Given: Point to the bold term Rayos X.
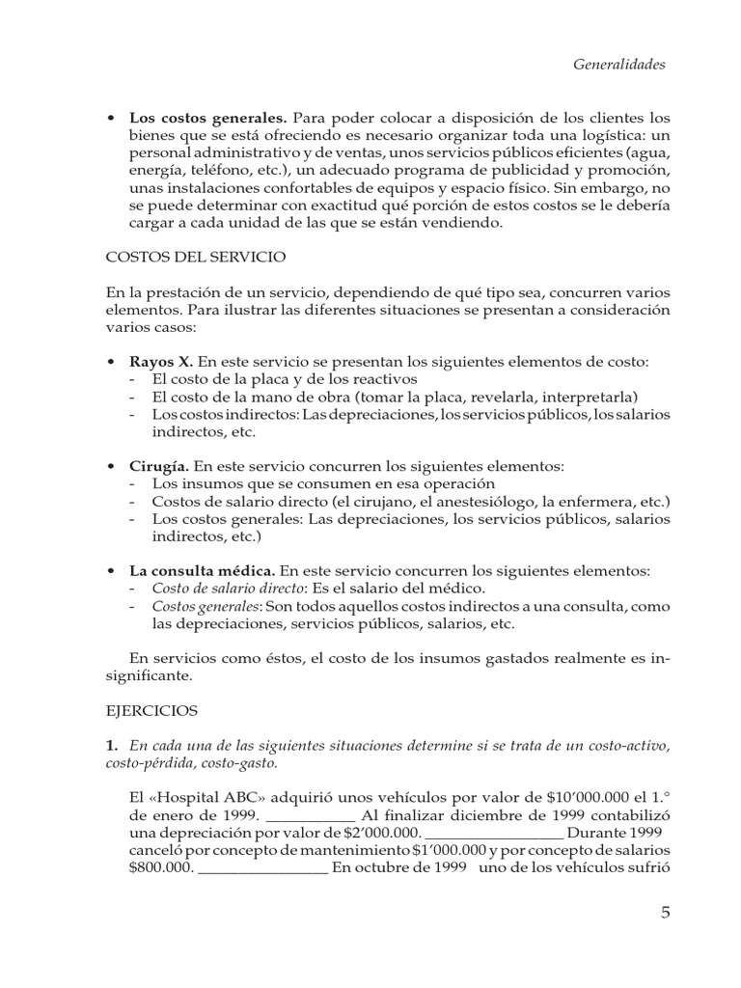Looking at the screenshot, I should coord(161,361).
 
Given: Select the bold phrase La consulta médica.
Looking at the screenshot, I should coord(202,570).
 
